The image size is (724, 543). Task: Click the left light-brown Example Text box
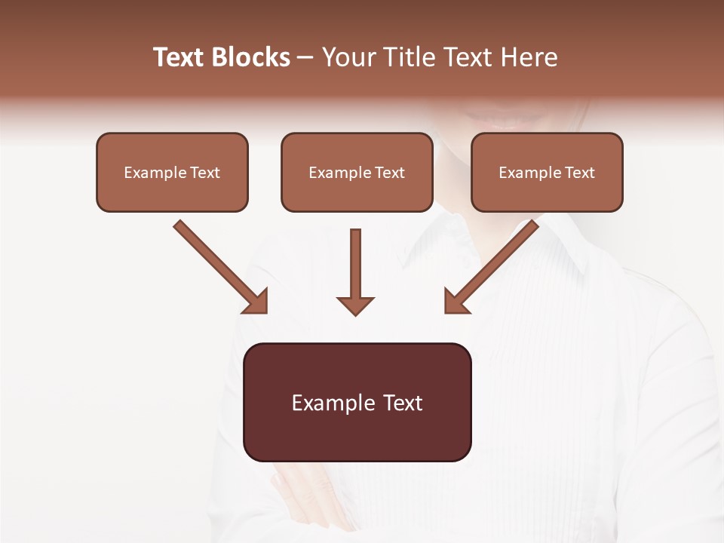click(x=172, y=172)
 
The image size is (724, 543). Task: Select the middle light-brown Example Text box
click(x=357, y=172)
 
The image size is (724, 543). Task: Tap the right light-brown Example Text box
click(x=547, y=172)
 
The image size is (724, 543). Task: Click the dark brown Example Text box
click(x=357, y=402)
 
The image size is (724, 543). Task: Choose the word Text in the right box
click(x=579, y=173)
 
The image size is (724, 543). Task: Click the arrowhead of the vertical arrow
click(x=355, y=305)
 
